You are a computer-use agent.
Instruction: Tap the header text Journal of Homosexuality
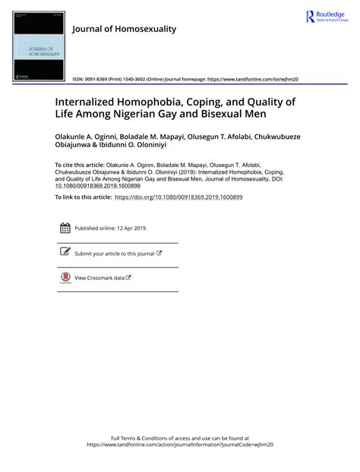pyautogui.click(x=124, y=29)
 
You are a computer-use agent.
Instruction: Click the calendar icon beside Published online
pyautogui.click(x=65, y=228)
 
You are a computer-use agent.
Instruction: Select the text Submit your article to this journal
pyautogui.click(x=114, y=253)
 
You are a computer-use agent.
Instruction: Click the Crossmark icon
pyautogui.click(x=65, y=278)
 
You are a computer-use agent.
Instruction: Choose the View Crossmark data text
pyautogui.click(x=99, y=278)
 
